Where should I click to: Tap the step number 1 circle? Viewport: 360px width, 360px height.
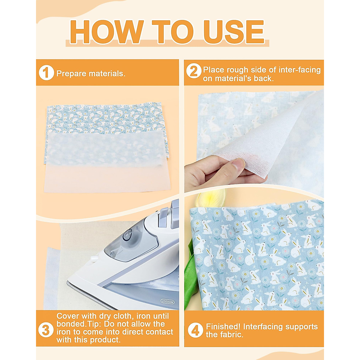[46, 73]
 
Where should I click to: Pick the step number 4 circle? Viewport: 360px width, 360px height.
[195, 330]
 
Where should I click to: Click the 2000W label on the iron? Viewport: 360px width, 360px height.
[167, 301]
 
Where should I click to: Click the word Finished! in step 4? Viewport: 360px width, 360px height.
[223, 326]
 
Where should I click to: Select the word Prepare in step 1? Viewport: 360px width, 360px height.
[71, 73]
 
